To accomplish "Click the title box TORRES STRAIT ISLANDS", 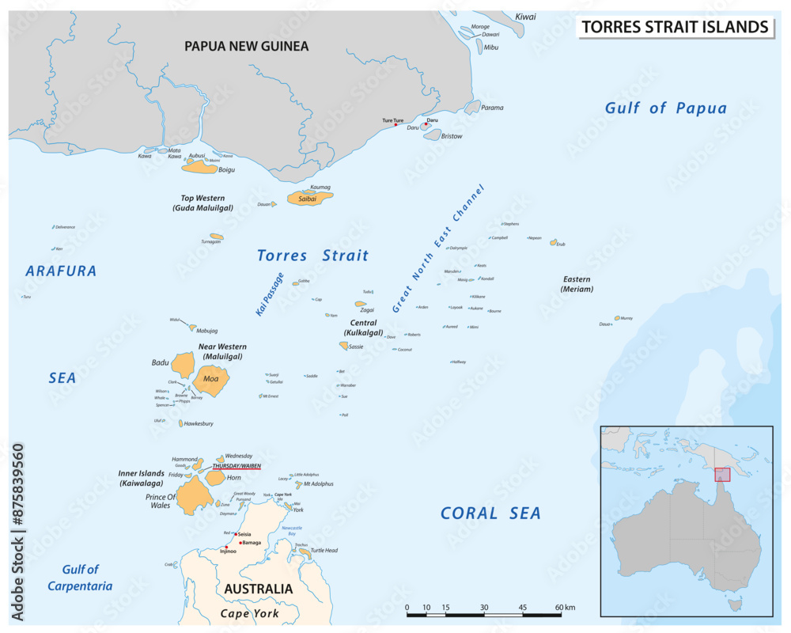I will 675,27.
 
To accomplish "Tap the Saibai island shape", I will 309,199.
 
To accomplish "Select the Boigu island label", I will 226,169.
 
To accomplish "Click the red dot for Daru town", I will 426,123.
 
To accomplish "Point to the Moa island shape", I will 211,381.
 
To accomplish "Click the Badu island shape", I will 184,365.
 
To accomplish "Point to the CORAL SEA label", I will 490,514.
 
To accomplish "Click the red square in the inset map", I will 722,474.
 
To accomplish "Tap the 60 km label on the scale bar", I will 565,607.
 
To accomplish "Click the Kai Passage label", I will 269,294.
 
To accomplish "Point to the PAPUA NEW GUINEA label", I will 246,46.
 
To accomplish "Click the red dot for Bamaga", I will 240,543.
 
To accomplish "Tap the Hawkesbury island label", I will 199,424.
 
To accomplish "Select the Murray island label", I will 626,318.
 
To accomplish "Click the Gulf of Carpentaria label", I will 80,578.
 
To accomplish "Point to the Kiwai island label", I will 525,17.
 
